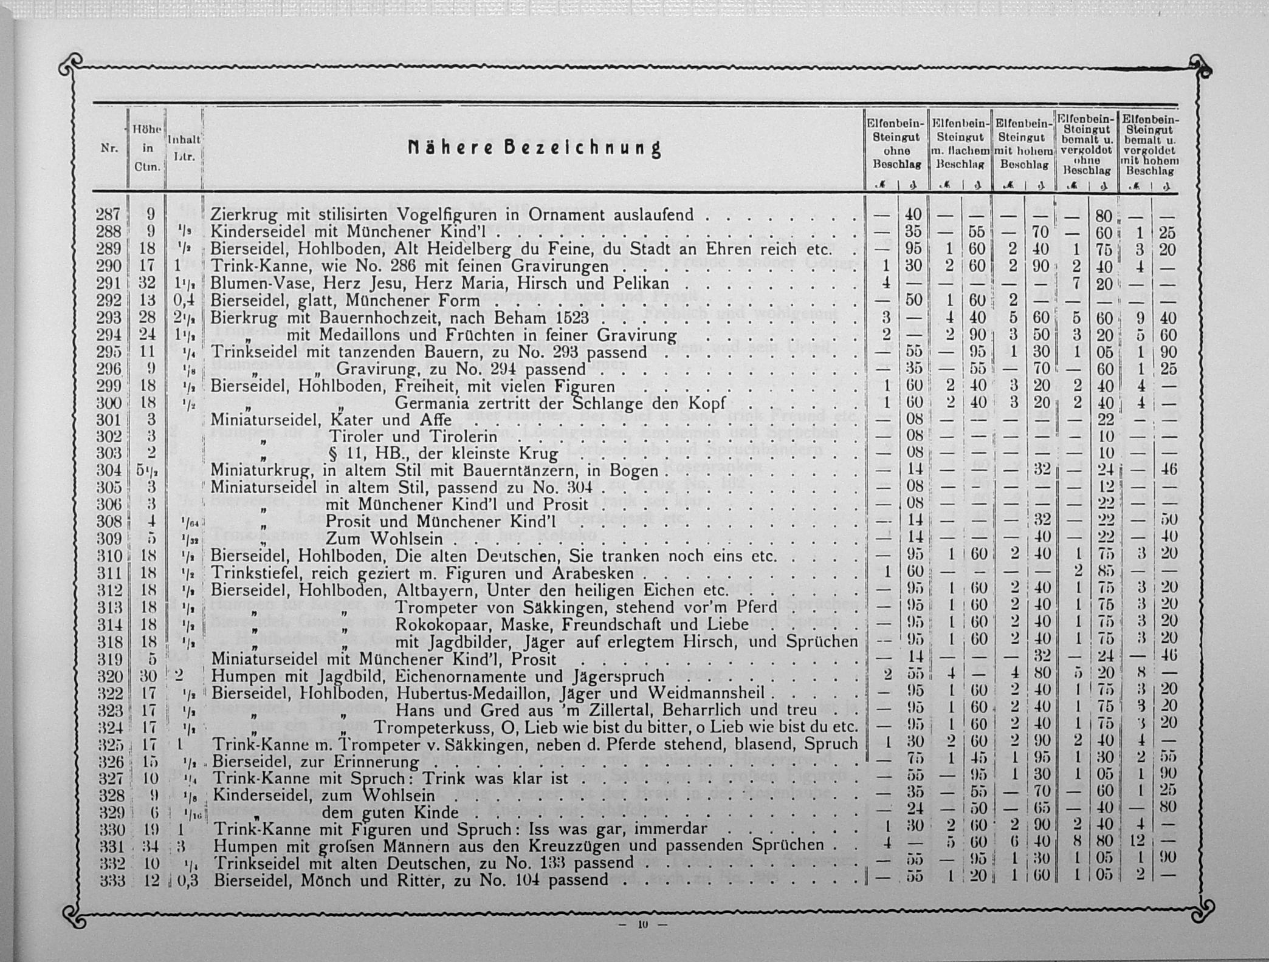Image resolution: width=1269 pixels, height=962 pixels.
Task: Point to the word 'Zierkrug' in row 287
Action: pyautogui.click(x=244, y=215)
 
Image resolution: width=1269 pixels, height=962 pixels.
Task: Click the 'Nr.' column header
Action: pyautogui.click(x=109, y=148)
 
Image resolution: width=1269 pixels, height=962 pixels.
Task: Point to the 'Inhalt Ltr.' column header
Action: pyautogui.click(x=184, y=148)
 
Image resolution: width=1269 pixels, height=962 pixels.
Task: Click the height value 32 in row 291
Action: pyautogui.click(x=147, y=283)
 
